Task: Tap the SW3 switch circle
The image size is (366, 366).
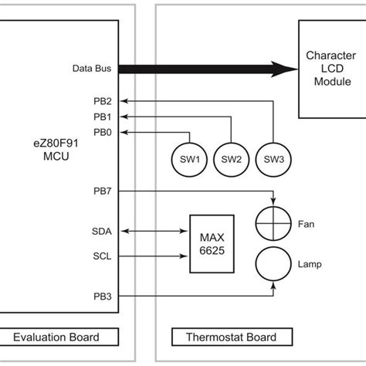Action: [x=273, y=159]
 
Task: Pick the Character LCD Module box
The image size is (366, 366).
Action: [x=331, y=69]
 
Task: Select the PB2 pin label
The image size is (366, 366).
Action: [x=103, y=100]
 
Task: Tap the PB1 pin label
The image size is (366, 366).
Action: [x=103, y=117]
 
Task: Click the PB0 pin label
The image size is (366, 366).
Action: [x=103, y=132]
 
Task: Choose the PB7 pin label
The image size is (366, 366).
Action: [x=103, y=191]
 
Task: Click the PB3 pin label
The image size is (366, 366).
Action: [x=103, y=294]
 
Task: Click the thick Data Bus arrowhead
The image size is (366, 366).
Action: [x=290, y=69]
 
